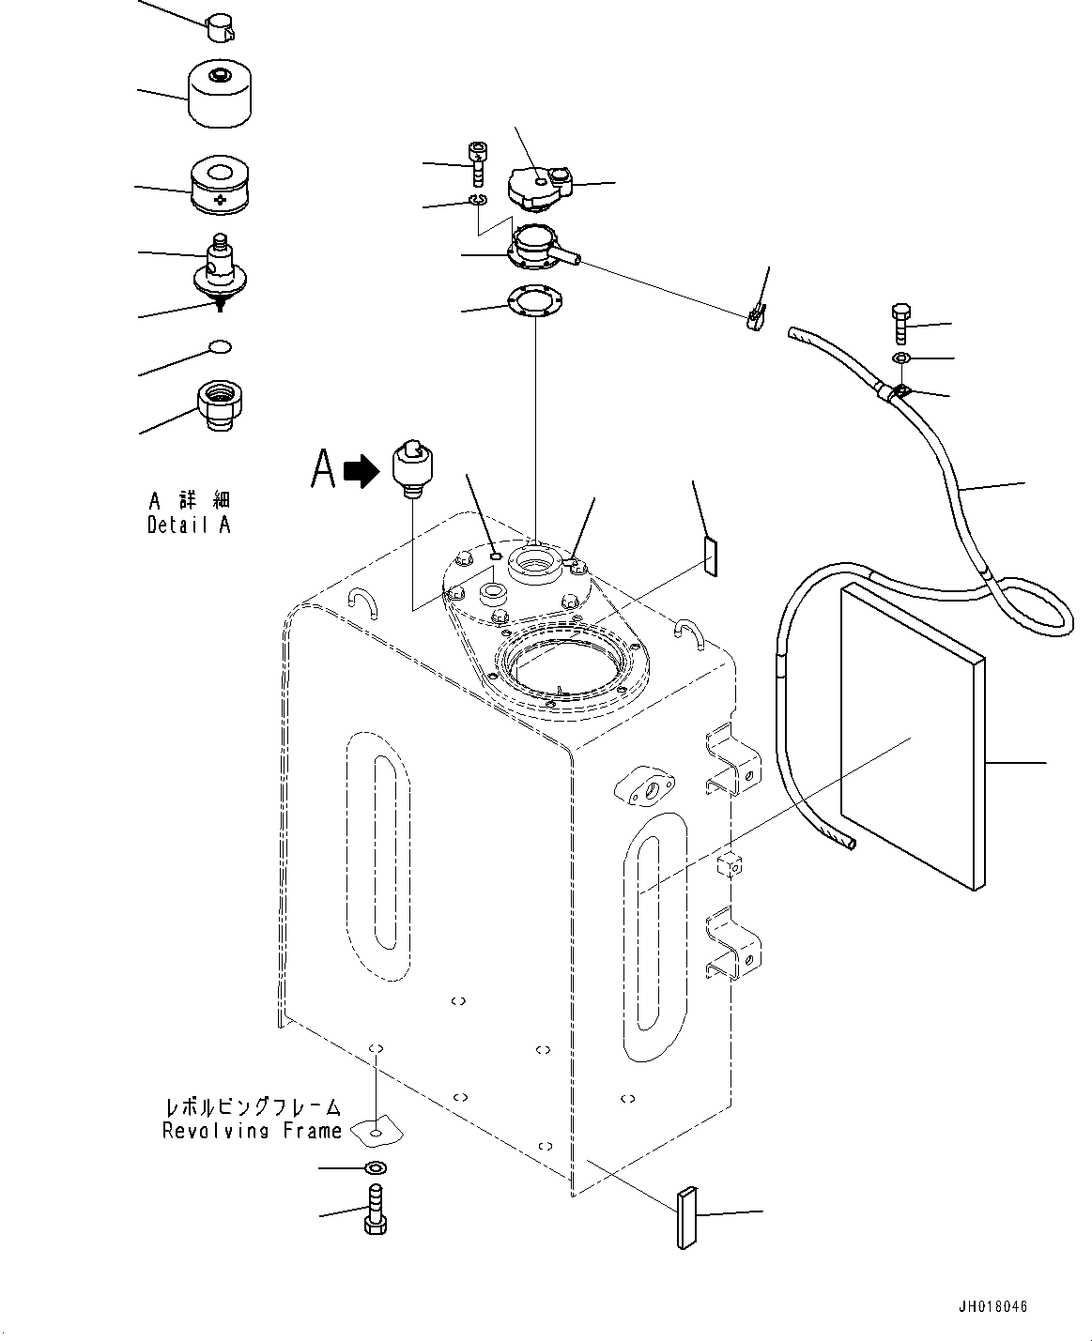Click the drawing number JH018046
999,1307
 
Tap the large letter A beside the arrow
324,468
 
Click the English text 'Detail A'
188,525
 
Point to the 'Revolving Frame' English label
252,1131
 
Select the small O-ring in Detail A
220,348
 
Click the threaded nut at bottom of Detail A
220,406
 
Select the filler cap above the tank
539,186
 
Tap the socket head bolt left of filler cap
479,163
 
